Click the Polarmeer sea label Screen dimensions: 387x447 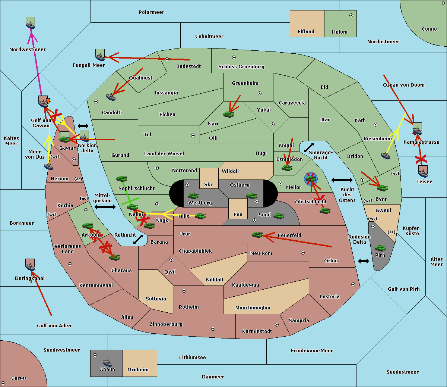[x=151, y=12]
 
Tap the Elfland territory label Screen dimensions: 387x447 [x=306, y=32]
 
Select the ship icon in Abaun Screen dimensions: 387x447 [x=107, y=362]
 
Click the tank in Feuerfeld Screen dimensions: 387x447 [x=257, y=235]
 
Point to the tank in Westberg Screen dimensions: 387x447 [x=193, y=196]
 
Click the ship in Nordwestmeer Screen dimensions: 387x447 [x=31, y=24]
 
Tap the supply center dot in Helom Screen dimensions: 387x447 [x=351, y=15]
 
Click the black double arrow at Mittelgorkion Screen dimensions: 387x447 [x=105, y=207]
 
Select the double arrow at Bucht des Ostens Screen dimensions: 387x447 [x=342, y=180]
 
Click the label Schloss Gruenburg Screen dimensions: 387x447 [x=241, y=67]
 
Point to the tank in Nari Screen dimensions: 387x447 [x=228, y=114]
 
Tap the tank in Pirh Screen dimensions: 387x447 [x=380, y=248]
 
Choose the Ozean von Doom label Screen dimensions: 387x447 [x=403, y=85]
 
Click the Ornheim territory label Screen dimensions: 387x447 [x=138, y=370]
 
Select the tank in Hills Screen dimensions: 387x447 [x=200, y=216]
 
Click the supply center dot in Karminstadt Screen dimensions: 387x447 [x=276, y=325]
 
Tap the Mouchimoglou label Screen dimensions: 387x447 [x=253, y=308]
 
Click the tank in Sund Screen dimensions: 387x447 [x=279, y=216]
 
